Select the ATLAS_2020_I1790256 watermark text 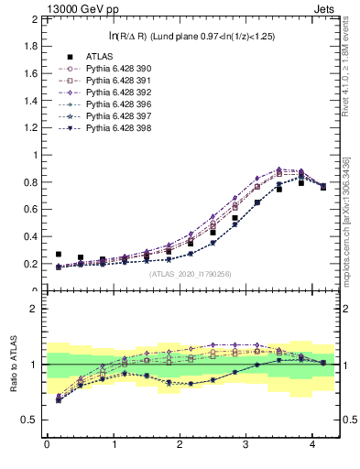pyautogui.click(x=189, y=274)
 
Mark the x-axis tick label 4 pyautogui.click(x=312, y=446)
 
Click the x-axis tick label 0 pyautogui.click(x=47, y=446)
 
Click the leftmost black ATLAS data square pyautogui.click(x=59, y=255)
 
